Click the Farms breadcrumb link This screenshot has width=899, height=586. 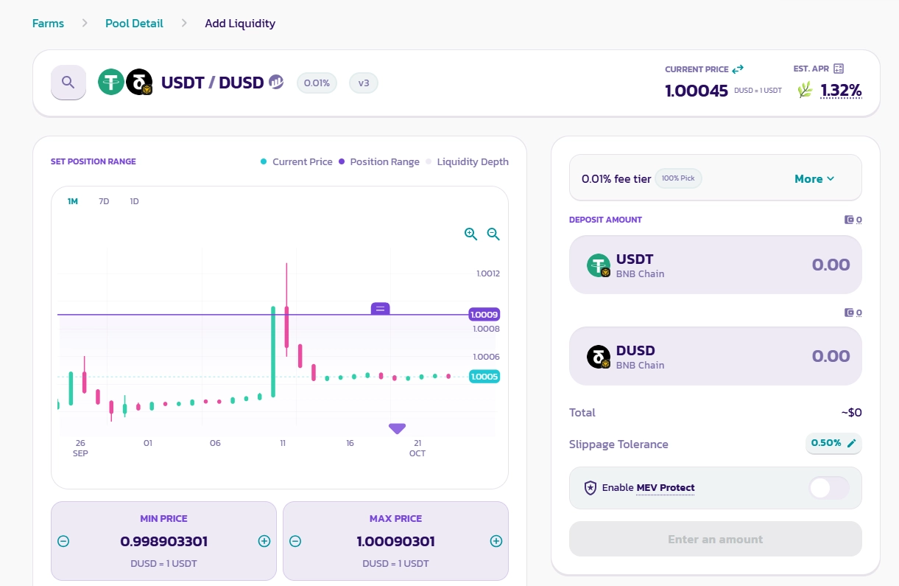pyautogui.click(x=48, y=24)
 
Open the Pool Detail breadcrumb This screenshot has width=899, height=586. pyautogui.click(x=134, y=24)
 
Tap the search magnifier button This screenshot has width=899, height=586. pyautogui.click(x=68, y=82)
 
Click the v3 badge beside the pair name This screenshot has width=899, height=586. pyautogui.click(x=363, y=83)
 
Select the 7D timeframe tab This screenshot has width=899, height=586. pyautogui.click(x=104, y=201)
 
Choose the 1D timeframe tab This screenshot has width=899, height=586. pyautogui.click(x=134, y=201)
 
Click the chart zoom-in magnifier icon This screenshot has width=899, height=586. pyautogui.click(x=470, y=234)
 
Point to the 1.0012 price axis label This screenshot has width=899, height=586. pyautogui.click(x=487, y=273)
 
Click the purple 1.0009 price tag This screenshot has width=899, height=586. pyautogui.click(x=484, y=315)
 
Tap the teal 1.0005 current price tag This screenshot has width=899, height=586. pyautogui.click(x=484, y=377)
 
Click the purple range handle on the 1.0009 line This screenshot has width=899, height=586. pyautogui.click(x=380, y=309)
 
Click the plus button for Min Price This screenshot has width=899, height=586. pyautogui.click(x=264, y=541)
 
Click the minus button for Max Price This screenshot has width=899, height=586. pyautogui.click(x=295, y=541)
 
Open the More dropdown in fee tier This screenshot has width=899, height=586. pyautogui.click(x=814, y=179)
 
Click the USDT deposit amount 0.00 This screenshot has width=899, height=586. pyautogui.click(x=831, y=265)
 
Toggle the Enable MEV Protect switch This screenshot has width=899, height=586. pyautogui.click(x=828, y=488)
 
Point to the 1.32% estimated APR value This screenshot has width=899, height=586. pyautogui.click(x=841, y=91)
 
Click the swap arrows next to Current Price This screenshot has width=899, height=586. pyautogui.click(x=738, y=69)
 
